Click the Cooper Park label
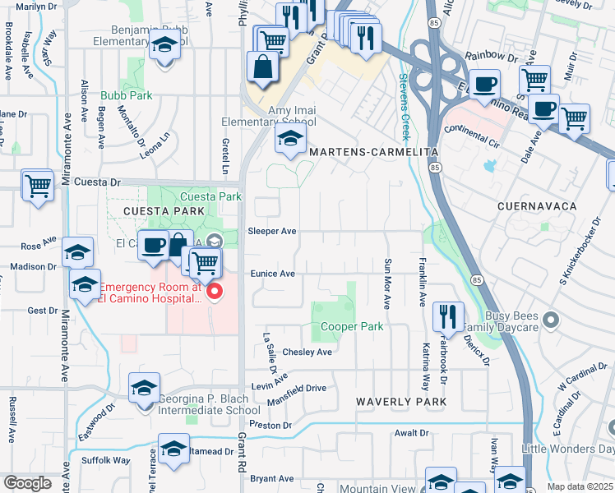[351, 327]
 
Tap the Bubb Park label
[127, 96]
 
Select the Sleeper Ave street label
[271, 232]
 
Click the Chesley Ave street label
[307, 352]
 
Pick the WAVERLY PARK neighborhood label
[400, 402]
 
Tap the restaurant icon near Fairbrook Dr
[447, 315]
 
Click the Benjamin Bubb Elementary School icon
[165, 46]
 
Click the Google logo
[27, 483]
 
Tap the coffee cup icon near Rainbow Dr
[484, 82]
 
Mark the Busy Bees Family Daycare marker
[552, 320]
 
